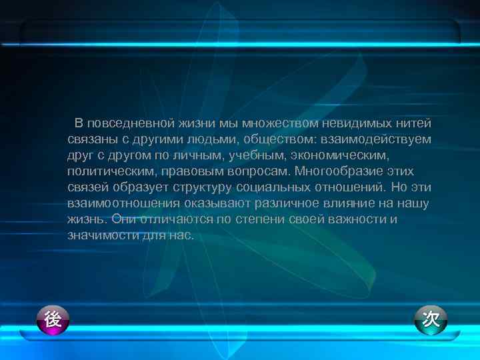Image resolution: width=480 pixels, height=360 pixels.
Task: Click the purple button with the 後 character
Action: coord(53,321)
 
